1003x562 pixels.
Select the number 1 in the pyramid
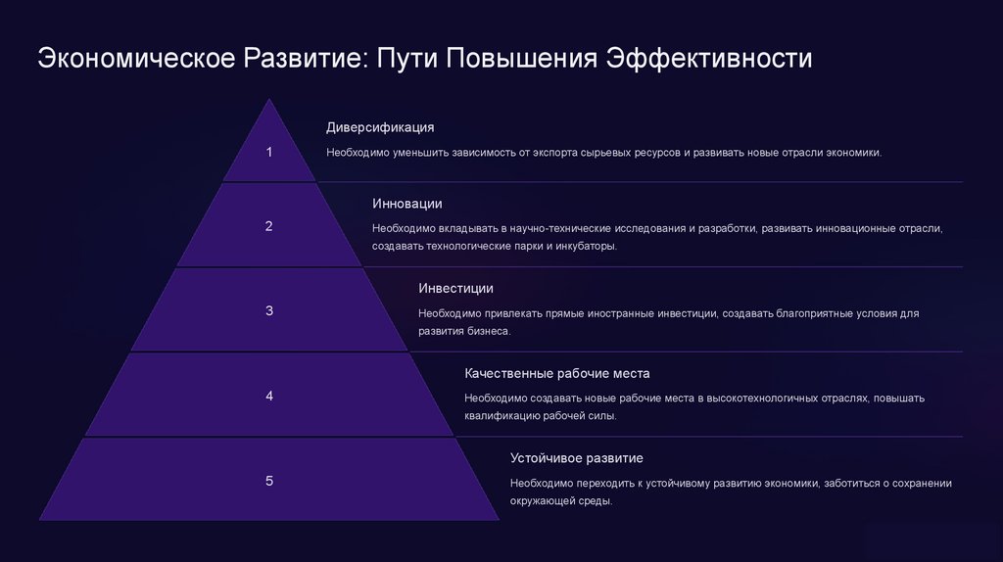(x=269, y=152)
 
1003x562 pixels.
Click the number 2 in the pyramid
(x=269, y=226)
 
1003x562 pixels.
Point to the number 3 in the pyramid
(x=269, y=311)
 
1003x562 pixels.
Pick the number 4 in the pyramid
(x=269, y=396)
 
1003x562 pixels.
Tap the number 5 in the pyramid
(x=269, y=481)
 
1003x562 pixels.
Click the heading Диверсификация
(x=380, y=127)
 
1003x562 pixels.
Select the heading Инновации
(x=407, y=204)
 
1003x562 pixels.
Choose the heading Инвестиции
(x=455, y=288)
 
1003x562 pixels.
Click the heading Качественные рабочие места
(x=557, y=374)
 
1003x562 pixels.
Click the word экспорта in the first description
(x=552, y=154)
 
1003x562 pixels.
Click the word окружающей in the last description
(x=545, y=500)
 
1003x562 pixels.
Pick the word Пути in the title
(x=406, y=58)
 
